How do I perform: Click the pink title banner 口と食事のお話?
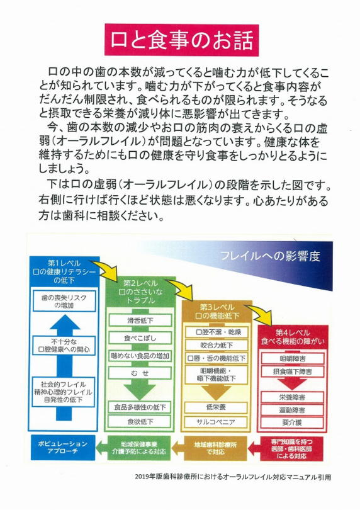181,40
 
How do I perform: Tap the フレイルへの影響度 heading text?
270,256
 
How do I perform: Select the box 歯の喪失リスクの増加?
64,302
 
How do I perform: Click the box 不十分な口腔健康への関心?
64,346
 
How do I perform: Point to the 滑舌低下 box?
140,320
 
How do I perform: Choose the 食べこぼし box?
140,338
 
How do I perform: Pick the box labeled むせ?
140,373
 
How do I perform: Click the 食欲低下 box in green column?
140,422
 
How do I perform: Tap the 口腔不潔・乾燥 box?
217,332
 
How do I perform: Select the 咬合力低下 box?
217,346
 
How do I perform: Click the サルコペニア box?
216,422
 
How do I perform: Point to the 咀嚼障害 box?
293,359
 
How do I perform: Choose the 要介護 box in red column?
293,422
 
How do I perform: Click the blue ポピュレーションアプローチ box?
63,448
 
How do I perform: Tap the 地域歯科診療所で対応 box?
215,448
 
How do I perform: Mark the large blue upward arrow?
64,368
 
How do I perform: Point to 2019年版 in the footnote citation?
146,477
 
